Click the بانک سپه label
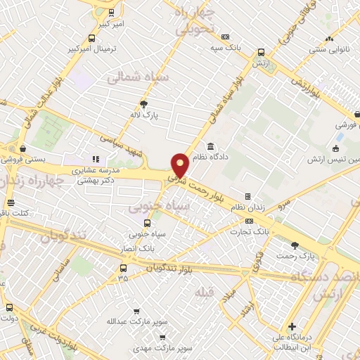[225, 48]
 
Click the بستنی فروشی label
[25, 160]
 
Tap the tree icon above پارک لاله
[144, 103]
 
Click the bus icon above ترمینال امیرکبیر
[91, 39]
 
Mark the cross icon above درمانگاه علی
[292, 326]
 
